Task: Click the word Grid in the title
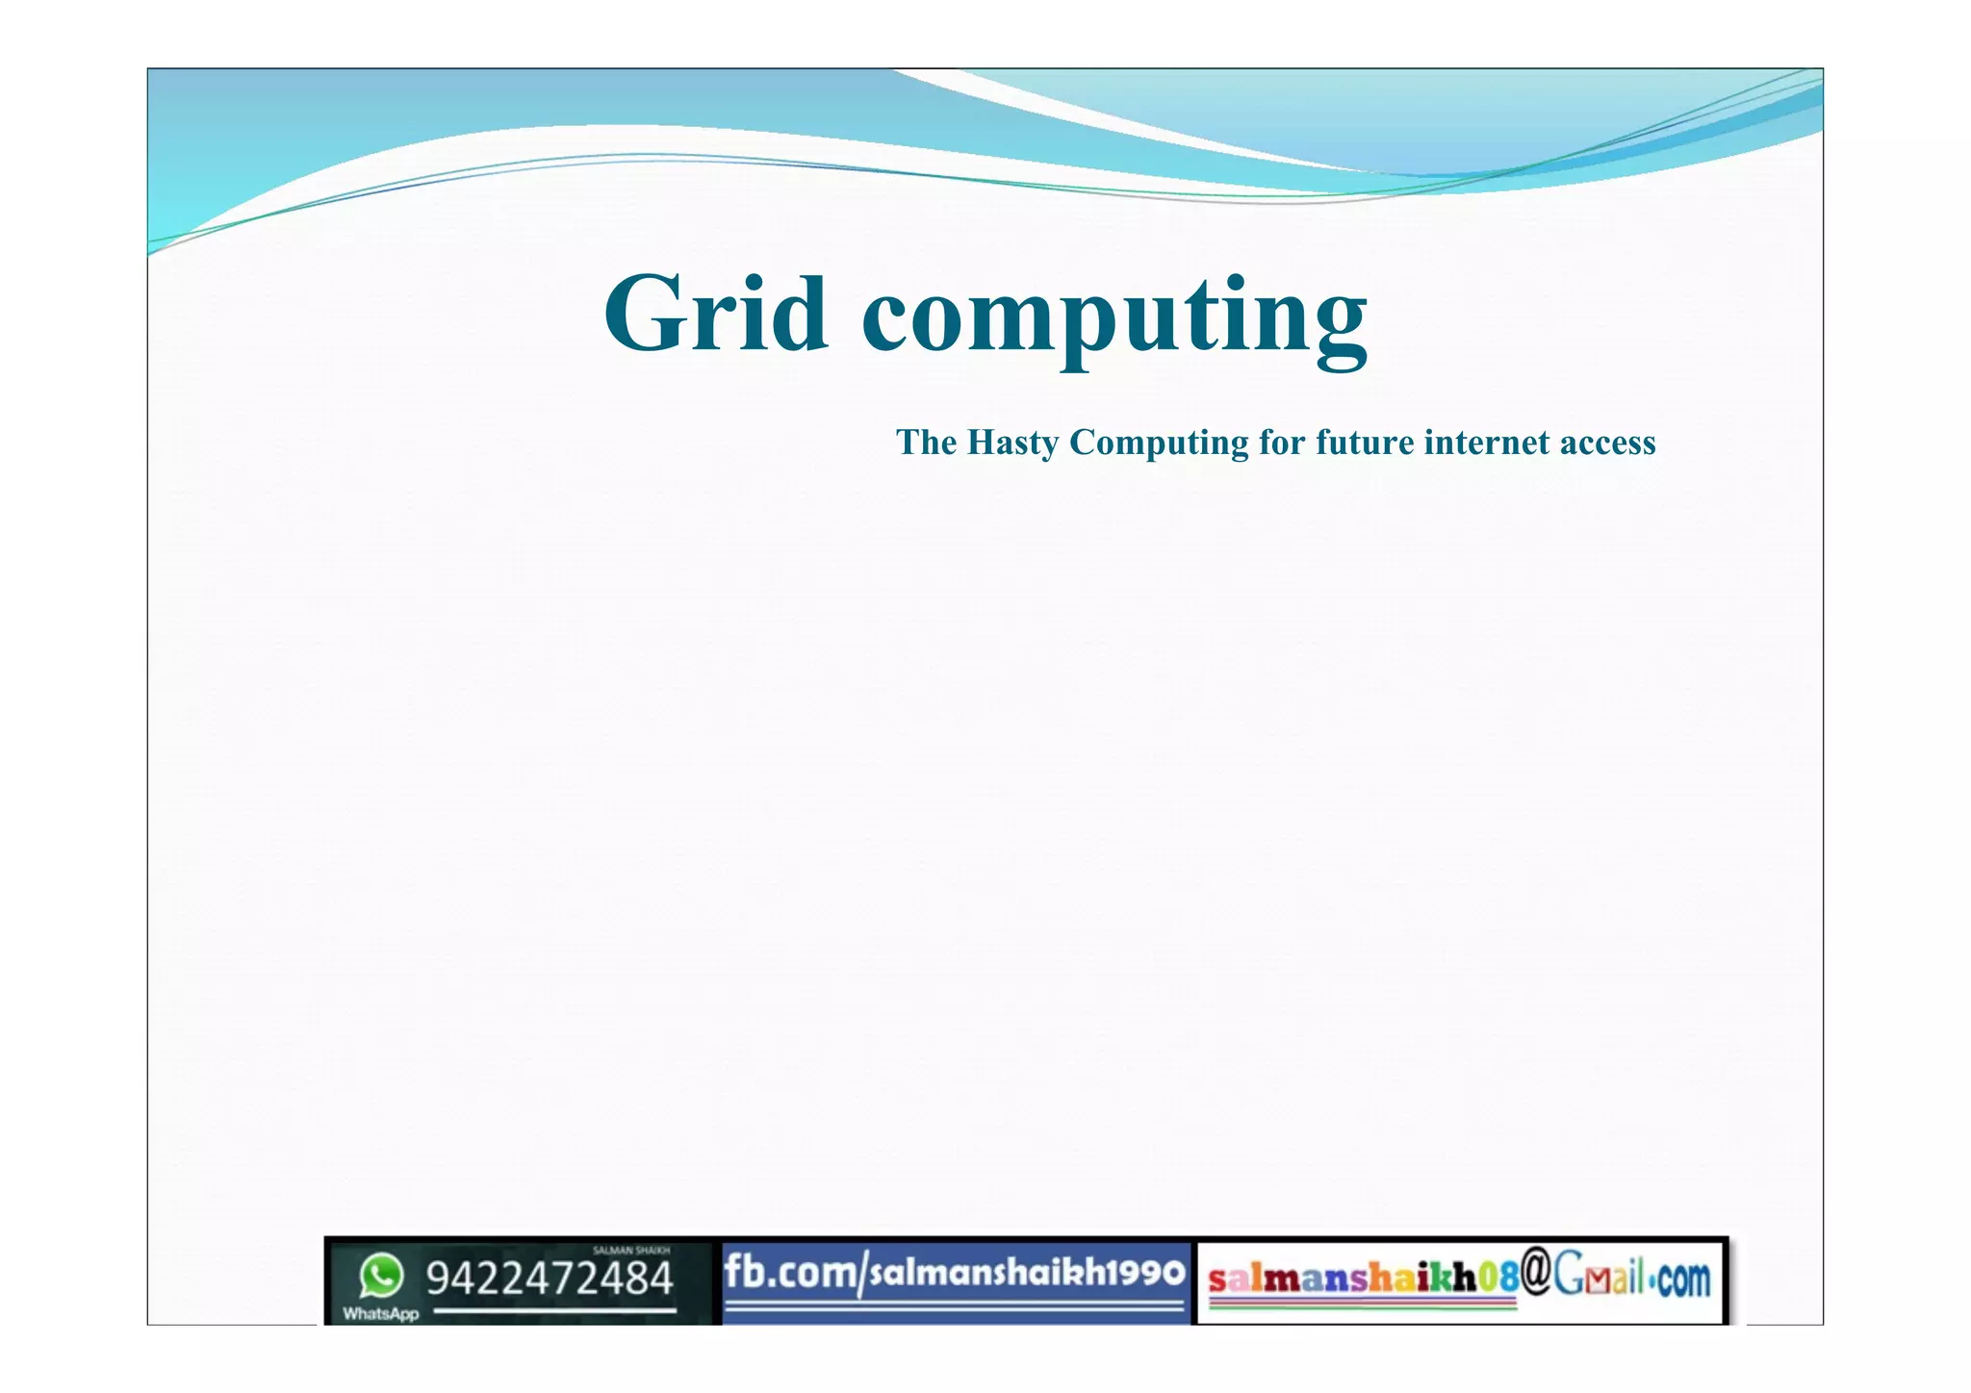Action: click(x=716, y=315)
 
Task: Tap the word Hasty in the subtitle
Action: click(x=1012, y=443)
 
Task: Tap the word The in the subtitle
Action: click(x=926, y=443)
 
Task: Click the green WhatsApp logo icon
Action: click(x=381, y=1277)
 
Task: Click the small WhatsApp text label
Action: click(x=381, y=1314)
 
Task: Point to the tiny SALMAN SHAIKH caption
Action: click(x=631, y=1251)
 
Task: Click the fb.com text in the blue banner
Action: click(x=789, y=1272)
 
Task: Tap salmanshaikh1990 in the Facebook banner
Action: click(x=1027, y=1272)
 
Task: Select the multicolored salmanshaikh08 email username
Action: click(x=1363, y=1278)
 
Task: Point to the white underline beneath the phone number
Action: click(x=554, y=1310)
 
